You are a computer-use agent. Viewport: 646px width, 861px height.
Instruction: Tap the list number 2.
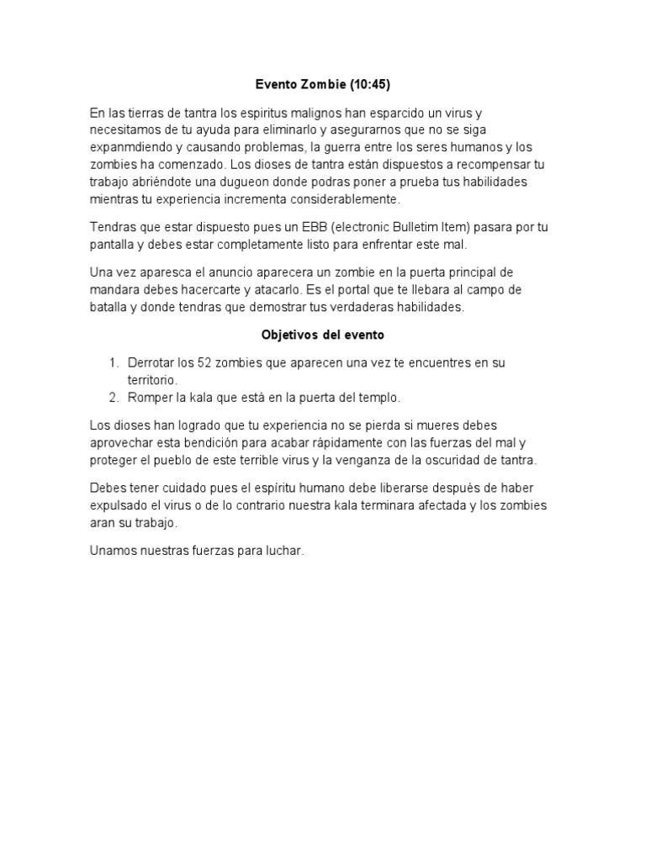pyautogui.click(x=113, y=397)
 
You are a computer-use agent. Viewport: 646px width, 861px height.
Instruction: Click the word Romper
pyautogui.click(x=150, y=397)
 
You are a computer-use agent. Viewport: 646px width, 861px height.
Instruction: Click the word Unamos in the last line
pyautogui.click(x=114, y=551)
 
